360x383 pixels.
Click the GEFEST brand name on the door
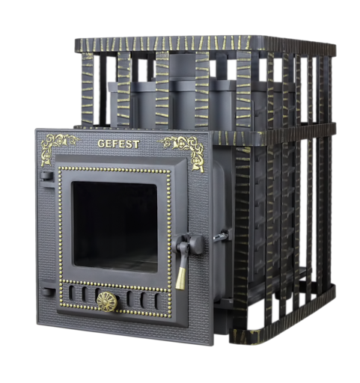118,144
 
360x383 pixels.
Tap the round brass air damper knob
107,301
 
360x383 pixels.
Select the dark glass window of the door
115,226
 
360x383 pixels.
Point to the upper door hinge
47,179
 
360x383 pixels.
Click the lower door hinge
48,291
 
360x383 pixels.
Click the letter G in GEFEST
101,144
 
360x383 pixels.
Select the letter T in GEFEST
135,144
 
